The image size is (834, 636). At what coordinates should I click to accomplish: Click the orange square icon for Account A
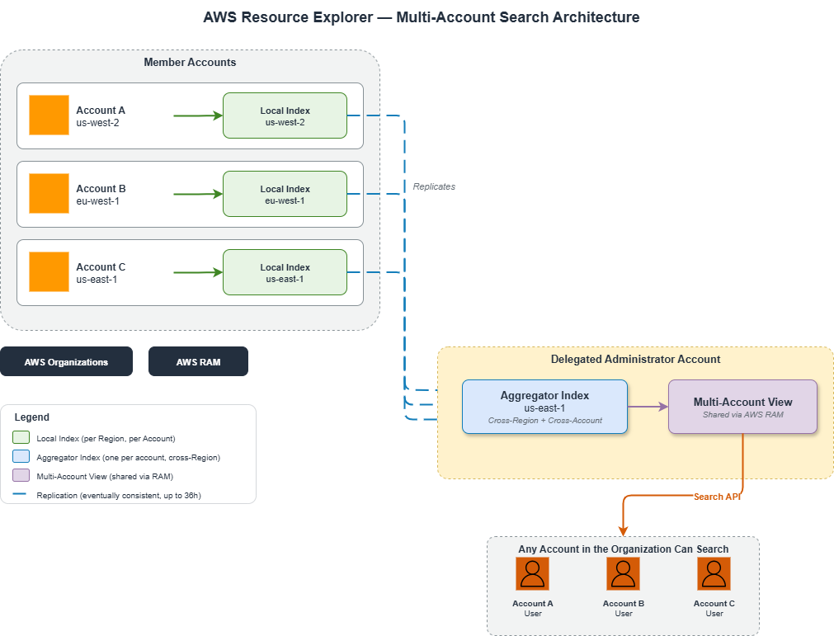tap(49, 115)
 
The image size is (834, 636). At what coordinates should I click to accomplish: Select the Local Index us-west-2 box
tap(285, 115)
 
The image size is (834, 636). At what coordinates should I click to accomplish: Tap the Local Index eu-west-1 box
tap(285, 194)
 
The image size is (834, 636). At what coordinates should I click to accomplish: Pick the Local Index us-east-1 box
tap(285, 272)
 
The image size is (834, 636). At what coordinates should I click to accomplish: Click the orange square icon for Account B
tap(49, 193)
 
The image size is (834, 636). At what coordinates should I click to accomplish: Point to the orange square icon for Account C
tap(49, 271)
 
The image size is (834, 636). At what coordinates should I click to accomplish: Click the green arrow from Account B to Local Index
tap(198, 194)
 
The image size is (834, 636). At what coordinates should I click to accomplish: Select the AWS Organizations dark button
tap(66, 361)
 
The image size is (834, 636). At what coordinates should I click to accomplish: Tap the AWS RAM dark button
tap(198, 361)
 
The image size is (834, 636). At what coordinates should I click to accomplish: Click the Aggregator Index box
tap(544, 407)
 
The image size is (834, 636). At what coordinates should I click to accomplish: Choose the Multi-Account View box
tap(742, 407)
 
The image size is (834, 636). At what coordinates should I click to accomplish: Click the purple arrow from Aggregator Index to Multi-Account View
tap(648, 407)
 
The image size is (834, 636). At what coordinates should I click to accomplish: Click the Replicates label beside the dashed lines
tap(434, 186)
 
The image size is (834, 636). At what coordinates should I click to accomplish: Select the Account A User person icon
tap(532, 573)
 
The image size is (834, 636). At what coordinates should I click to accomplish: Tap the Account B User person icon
tap(623, 573)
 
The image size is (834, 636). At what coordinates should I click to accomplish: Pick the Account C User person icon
tap(714, 573)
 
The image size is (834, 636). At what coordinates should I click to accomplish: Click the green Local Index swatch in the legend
tap(22, 438)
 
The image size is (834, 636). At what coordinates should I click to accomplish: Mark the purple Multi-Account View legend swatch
tap(22, 476)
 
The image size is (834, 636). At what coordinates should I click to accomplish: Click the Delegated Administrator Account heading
tap(635, 359)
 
